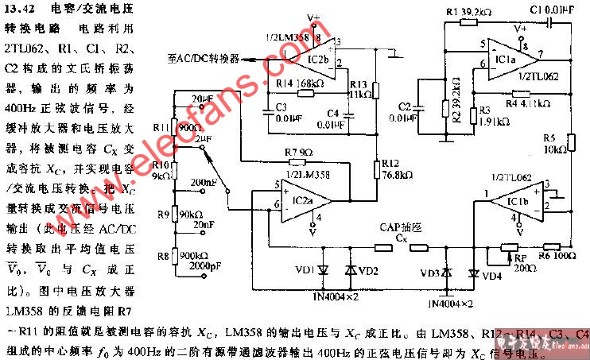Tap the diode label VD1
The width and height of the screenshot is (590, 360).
click(x=303, y=271)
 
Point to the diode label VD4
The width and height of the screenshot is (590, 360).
click(x=494, y=275)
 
